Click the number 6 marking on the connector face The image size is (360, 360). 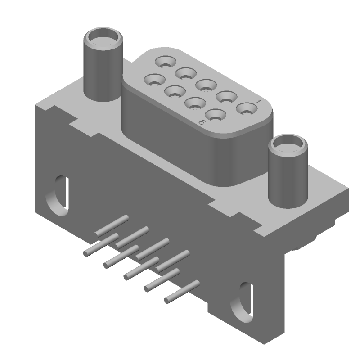tap(202, 122)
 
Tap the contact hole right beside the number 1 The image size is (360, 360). tap(247, 109)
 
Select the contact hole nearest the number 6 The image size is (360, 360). tap(216, 116)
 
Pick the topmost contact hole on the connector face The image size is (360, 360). tap(166, 62)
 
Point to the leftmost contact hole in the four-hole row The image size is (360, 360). tap(155, 80)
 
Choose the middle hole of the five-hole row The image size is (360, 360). tap(206, 85)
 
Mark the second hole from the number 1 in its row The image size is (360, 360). tap(226, 97)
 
